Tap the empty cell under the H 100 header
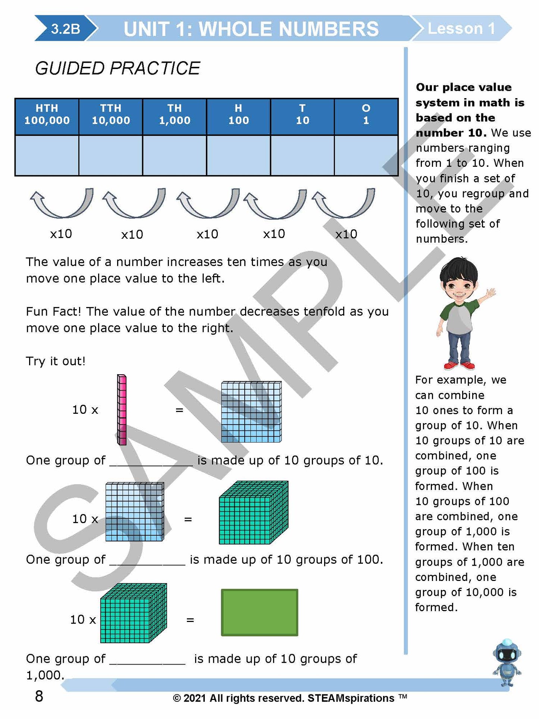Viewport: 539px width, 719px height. coord(238,155)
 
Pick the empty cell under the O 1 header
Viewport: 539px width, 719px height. coord(366,155)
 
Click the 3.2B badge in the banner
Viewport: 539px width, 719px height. coord(65,29)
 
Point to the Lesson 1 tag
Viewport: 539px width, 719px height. coord(461,29)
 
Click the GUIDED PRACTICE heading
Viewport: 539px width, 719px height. coord(117,68)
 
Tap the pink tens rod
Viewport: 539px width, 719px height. coord(122,410)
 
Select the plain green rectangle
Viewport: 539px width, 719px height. coord(260,612)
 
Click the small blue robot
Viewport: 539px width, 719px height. coord(507,663)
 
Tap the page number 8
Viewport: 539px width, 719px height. coord(39,696)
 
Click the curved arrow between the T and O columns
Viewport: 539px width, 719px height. coord(344,204)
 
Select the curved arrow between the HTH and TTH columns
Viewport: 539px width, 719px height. coord(62,204)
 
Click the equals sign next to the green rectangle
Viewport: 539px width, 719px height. coord(190,620)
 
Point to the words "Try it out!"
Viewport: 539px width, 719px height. coord(56,361)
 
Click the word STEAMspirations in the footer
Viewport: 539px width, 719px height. coord(351,698)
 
